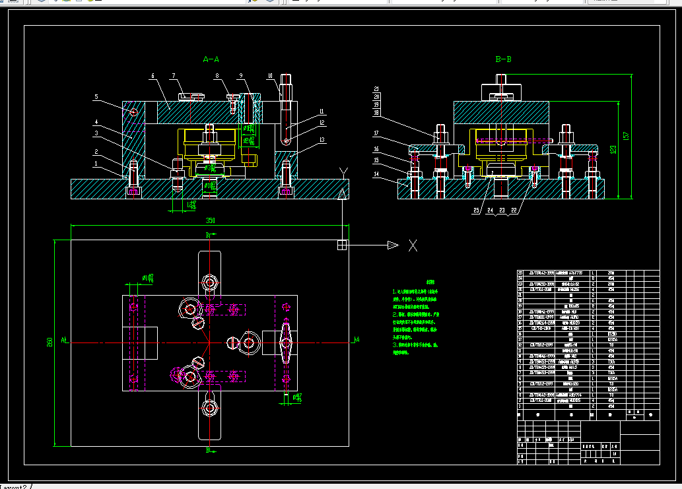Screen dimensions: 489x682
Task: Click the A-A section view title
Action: [x=211, y=59]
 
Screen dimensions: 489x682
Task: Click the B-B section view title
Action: [x=503, y=59]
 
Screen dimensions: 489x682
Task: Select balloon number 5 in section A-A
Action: [x=96, y=97]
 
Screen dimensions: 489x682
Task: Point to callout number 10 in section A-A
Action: [x=270, y=75]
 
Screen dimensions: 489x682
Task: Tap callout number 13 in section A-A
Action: [x=322, y=140]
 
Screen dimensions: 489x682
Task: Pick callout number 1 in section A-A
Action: [x=96, y=163]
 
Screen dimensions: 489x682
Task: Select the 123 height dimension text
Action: [x=613, y=150]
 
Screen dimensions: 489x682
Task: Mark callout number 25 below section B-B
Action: [x=475, y=211]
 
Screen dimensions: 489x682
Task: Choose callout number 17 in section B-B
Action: [x=376, y=133]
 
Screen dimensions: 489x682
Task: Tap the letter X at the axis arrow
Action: [x=413, y=245]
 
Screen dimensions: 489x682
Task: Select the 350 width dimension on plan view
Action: [x=211, y=220]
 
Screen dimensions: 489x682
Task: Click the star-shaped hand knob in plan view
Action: [x=285, y=341]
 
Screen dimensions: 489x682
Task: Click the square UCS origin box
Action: [x=342, y=245]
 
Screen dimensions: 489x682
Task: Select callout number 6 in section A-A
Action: [x=153, y=77]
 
